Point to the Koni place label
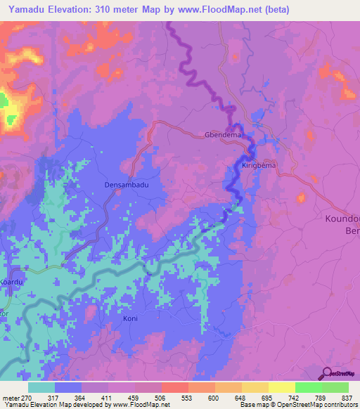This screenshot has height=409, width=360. pyautogui.click(x=130, y=318)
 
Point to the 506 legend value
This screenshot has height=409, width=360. pyautogui.click(x=161, y=397)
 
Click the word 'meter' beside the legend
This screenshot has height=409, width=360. pyautogui.click(x=12, y=397)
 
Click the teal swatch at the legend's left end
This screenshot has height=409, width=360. pyautogui.click(x=41, y=387)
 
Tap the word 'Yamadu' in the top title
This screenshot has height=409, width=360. pyautogui.click(x=30, y=11)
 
